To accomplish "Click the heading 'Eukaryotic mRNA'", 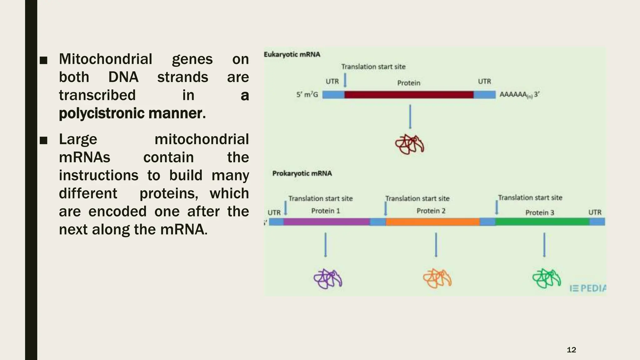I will tap(292, 54).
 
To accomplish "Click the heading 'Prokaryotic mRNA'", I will tap(302, 173).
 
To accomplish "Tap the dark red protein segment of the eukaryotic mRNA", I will tap(409, 95).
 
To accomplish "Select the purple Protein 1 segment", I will tap(327, 222).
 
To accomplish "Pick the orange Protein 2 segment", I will tap(432, 222).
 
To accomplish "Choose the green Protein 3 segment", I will tap(542, 222).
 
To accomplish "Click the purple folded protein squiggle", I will tap(328, 278).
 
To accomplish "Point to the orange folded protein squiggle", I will tap(437, 278).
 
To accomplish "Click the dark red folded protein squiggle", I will tap(409, 144).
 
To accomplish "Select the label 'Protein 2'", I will tap(431, 211).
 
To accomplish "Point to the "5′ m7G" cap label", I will tap(307, 95).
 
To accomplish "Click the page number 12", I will tap(571, 350).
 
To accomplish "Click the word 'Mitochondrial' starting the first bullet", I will tap(106, 59).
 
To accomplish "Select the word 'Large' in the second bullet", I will tap(78, 139).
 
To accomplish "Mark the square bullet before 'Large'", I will tap(44, 140).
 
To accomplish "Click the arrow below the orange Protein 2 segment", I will tap(436, 245).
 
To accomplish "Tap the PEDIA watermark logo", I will tap(588, 288).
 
